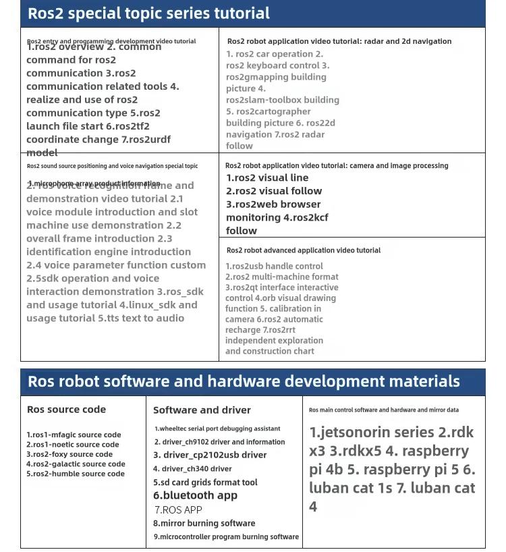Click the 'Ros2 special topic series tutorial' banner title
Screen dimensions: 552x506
pos(148,13)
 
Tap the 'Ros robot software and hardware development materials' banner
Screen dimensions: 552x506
pos(244,381)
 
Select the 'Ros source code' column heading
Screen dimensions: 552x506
pos(66,410)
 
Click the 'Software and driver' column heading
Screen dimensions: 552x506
pos(202,410)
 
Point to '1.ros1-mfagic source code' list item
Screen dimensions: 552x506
pos(74,435)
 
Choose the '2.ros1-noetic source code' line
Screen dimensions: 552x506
pos(73,445)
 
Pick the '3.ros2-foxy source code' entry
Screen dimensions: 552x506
pos(69,454)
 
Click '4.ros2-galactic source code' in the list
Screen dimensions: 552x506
pos(76,464)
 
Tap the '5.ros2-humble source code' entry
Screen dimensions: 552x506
pos(76,474)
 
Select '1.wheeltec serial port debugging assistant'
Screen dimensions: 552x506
pos(217,429)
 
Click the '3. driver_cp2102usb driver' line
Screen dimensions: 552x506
pos(210,456)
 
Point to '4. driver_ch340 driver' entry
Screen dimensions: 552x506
pos(192,469)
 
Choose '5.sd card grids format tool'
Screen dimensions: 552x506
pos(205,482)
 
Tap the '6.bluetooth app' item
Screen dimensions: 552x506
pos(195,495)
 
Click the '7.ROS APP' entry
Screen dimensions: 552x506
pos(178,510)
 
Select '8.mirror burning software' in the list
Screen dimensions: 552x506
pos(204,523)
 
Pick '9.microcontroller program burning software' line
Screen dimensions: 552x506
pos(226,537)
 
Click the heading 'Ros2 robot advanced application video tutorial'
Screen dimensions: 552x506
pos(304,250)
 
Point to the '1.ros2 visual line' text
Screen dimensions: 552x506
pos(267,178)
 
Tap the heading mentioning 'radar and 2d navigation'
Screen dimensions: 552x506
pos(339,41)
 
